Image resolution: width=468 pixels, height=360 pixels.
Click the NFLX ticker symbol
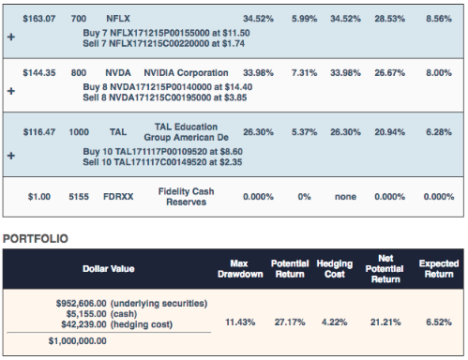coord(118,19)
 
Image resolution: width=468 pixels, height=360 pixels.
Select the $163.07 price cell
coord(39,19)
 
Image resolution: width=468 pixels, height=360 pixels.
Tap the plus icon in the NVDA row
coord(11,91)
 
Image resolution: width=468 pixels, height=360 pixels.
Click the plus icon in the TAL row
coord(11,156)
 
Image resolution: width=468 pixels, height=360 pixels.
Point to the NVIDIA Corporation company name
coord(186,73)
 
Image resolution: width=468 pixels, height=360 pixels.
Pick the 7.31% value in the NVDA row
coord(304,73)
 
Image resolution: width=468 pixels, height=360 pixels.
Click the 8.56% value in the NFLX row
coord(439,19)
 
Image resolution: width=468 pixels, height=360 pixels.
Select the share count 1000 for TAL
coord(79,132)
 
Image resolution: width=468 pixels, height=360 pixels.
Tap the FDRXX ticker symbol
coord(118,197)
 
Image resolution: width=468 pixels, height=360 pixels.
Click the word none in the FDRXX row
coord(345,197)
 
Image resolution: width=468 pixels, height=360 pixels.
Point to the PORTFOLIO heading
coord(36,239)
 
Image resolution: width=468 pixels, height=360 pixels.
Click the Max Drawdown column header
coord(240,269)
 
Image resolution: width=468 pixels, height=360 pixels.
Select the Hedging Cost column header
coord(335,269)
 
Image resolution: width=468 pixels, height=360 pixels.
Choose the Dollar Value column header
coord(109,269)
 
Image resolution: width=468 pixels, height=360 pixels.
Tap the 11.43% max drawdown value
coord(240,322)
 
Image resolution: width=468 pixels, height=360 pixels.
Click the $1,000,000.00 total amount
coord(78,341)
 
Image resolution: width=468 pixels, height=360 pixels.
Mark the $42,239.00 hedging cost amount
coord(83,324)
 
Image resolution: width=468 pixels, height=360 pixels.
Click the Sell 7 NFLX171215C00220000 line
coord(163,44)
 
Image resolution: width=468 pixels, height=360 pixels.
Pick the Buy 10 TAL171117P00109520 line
coord(162,152)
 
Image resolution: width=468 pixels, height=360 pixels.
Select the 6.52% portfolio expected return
coord(439,322)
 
